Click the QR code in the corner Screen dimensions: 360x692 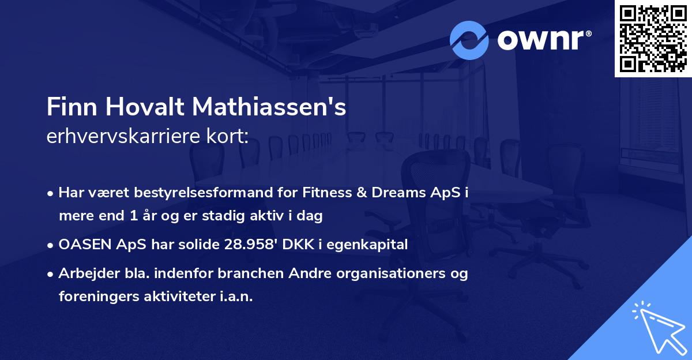click(653, 39)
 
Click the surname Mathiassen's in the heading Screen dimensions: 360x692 click(269, 107)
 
